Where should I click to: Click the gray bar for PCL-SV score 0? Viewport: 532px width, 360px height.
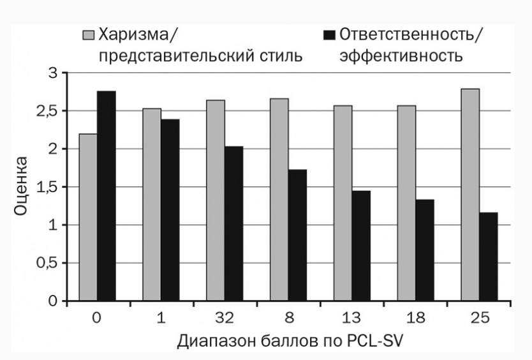88,217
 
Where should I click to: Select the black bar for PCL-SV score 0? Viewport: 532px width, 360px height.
106,195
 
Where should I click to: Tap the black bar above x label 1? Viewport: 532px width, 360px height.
170,209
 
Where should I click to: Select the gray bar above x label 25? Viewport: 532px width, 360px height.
471,194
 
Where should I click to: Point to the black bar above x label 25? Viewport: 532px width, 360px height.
489,256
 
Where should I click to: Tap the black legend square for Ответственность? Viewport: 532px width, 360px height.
329,34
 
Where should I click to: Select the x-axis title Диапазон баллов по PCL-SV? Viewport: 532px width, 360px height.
291,341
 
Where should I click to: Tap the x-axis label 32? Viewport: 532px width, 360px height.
224,317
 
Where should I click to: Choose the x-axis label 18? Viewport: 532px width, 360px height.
415,317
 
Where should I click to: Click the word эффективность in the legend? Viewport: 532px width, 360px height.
401,56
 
